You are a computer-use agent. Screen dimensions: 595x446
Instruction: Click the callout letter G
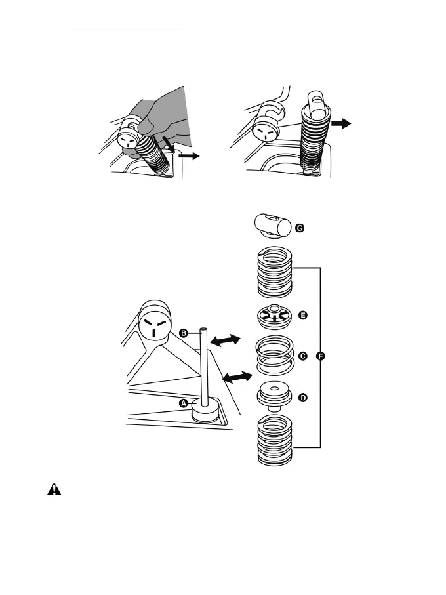click(x=300, y=228)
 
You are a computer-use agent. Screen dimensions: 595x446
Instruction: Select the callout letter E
click(x=302, y=316)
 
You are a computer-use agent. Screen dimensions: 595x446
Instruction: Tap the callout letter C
click(x=302, y=356)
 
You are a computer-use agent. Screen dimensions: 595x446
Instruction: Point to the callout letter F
click(x=320, y=356)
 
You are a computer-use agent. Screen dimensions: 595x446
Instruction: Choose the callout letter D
click(x=302, y=398)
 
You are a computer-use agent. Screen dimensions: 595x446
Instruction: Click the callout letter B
click(x=185, y=333)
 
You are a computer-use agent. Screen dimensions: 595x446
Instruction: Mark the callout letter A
click(x=184, y=402)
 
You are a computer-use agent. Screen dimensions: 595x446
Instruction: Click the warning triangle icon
click(x=53, y=490)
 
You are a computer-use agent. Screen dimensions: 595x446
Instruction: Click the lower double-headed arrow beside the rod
click(x=237, y=378)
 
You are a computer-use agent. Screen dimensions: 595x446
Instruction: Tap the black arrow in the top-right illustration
click(x=342, y=123)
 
